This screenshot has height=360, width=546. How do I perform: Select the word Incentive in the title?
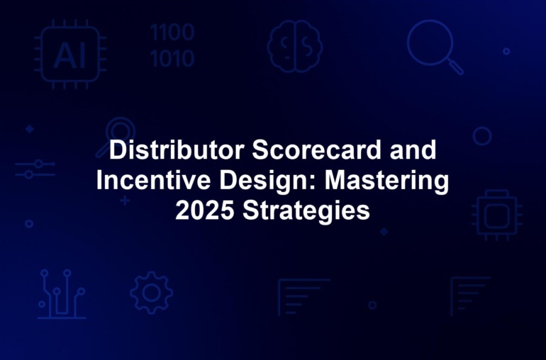point(153,180)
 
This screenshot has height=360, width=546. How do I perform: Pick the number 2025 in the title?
point(205,210)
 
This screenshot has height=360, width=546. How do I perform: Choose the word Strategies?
point(306,212)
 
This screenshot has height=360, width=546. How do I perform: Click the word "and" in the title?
point(413,150)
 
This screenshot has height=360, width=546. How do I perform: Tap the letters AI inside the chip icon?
point(69,56)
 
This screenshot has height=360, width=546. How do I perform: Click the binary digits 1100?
point(172,33)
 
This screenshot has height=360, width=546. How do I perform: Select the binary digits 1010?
point(172,59)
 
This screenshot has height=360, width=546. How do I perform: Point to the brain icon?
point(294,46)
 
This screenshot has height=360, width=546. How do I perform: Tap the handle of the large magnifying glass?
point(455,67)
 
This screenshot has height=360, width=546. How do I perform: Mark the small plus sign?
point(125,201)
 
